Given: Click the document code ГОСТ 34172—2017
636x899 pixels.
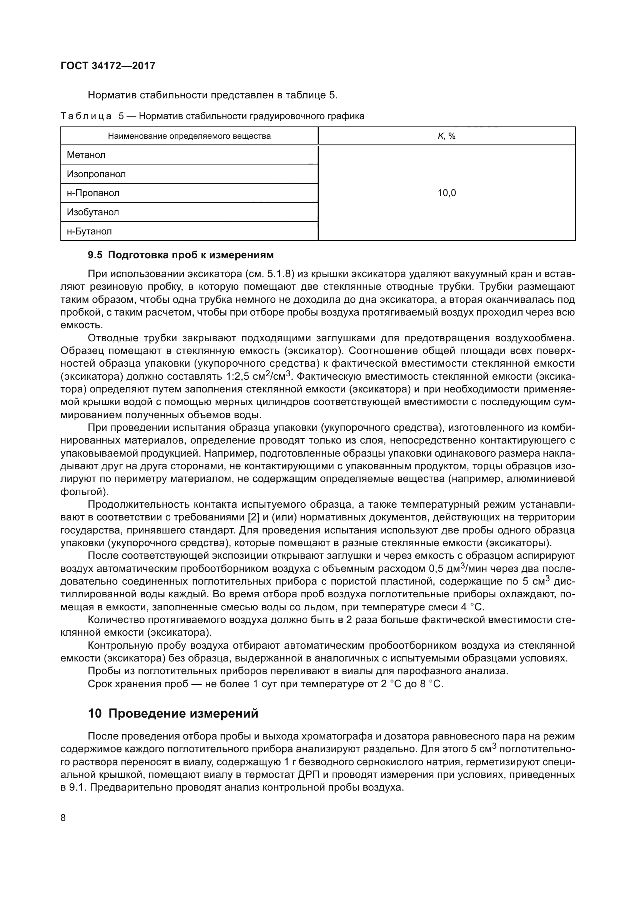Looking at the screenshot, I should click(x=108, y=66).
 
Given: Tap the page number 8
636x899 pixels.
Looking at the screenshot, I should click(x=63, y=818).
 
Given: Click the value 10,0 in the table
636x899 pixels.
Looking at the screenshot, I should click(x=446, y=193).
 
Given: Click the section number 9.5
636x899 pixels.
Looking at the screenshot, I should click(x=95, y=255).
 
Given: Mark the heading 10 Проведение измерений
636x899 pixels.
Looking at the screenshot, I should click(x=173, y=713).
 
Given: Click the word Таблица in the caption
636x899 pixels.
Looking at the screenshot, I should click(x=86, y=116).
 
